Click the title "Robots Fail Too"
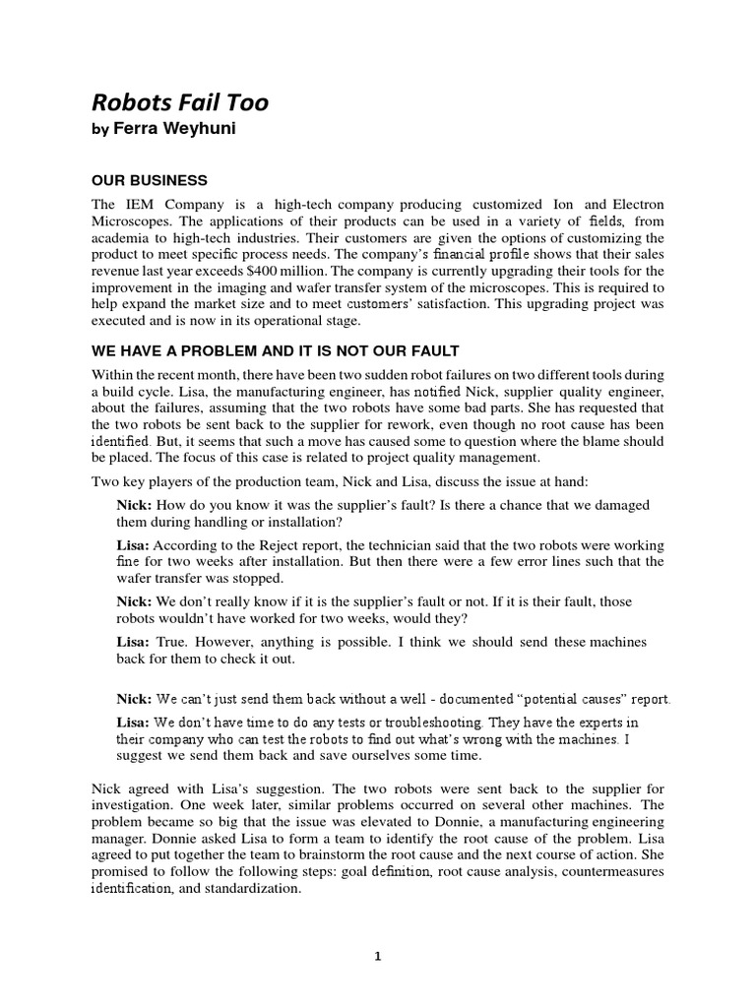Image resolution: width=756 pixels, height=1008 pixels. click(x=179, y=101)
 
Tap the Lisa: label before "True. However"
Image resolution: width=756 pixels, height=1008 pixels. click(x=133, y=642)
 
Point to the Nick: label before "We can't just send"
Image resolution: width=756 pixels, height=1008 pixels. click(x=134, y=699)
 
